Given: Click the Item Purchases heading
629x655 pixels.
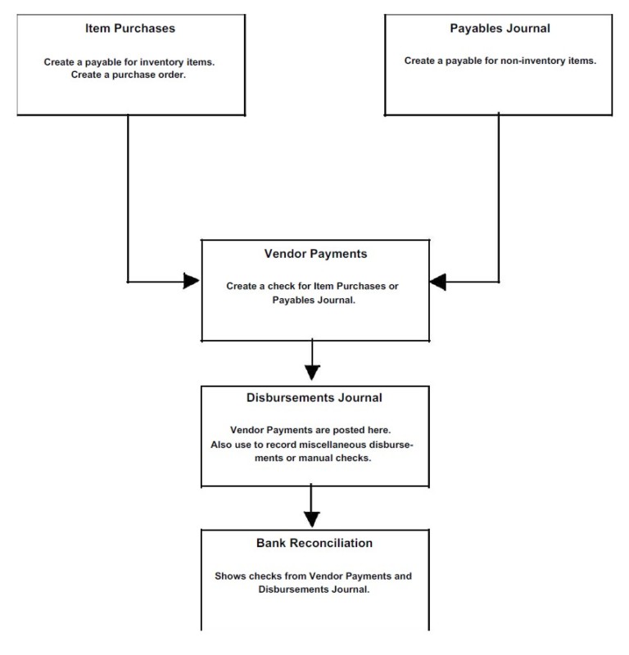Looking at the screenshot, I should coord(131,28).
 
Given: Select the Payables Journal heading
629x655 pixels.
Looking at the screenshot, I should coord(500,28).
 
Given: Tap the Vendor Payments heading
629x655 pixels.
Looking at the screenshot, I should coord(314,254).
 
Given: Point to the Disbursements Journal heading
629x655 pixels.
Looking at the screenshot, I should coord(314,398).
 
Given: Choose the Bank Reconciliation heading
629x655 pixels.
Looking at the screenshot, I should coord(314,543).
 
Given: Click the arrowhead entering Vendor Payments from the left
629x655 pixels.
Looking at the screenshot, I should coord(192,281).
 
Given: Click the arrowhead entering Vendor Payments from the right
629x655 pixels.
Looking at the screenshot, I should coord(439,281).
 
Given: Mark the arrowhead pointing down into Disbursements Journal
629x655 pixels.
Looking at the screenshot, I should coord(312,371).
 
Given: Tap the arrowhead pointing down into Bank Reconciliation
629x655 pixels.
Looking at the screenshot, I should coord(312,517).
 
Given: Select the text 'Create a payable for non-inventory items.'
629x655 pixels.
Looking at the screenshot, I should coord(500,61).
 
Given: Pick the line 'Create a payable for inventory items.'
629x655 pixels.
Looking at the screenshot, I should coord(131,61).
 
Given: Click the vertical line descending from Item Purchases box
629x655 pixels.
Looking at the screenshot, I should coord(129,196).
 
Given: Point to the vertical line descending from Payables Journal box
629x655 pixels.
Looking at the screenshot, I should coord(499,196).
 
